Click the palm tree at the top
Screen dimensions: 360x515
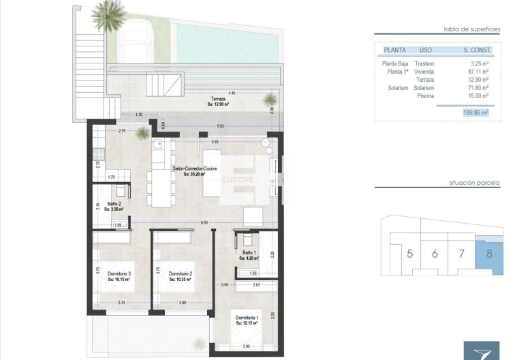(x=108, y=14)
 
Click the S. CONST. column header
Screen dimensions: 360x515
(x=476, y=50)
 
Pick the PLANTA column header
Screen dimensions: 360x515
(x=396, y=50)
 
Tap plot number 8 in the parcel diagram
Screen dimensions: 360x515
(x=490, y=254)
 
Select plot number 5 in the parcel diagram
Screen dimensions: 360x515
(x=409, y=254)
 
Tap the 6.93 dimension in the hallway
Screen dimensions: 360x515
(x=204, y=223)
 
